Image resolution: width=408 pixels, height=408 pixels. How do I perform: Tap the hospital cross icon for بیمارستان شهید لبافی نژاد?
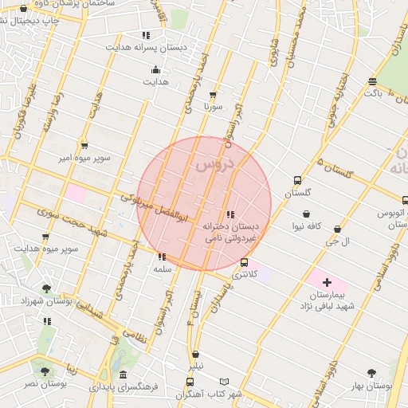(x=327, y=283)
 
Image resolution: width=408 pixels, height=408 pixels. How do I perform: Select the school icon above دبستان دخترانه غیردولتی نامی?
(x=230, y=214)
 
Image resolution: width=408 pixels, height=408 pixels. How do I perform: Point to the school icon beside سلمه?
(x=163, y=257)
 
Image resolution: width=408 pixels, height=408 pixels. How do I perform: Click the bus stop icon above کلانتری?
(x=244, y=262)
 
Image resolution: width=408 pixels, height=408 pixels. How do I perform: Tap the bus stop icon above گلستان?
(x=297, y=181)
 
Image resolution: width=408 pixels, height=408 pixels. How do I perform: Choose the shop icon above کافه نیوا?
(x=308, y=214)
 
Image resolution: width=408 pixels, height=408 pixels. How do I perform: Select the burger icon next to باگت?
(x=372, y=81)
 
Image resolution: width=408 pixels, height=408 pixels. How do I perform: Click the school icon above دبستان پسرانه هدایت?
(x=145, y=35)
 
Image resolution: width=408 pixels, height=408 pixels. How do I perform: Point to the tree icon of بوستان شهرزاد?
(x=46, y=288)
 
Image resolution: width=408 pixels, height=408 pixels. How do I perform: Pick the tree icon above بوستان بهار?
(x=371, y=373)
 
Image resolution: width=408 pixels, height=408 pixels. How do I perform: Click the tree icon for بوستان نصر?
(x=45, y=371)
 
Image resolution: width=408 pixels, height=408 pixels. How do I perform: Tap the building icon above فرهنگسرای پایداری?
(x=123, y=375)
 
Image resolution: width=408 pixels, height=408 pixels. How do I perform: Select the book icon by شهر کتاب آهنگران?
(x=224, y=382)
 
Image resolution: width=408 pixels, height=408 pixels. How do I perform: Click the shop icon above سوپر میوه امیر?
(x=84, y=146)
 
